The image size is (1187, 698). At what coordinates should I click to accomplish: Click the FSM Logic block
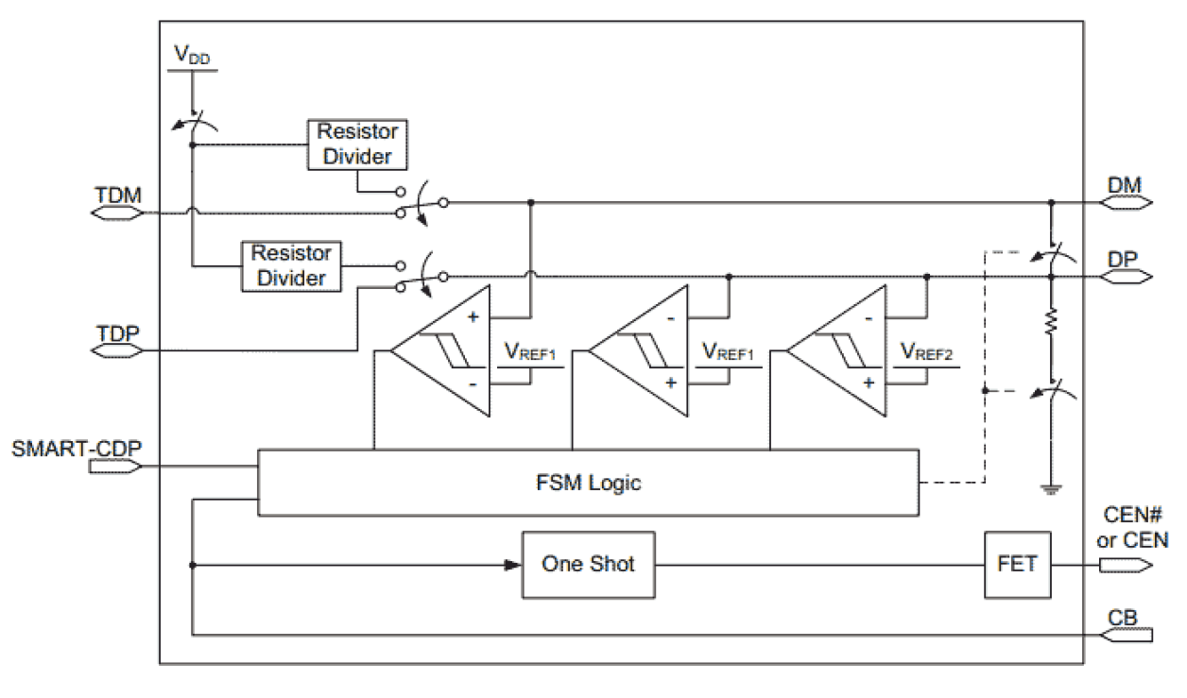point(587,483)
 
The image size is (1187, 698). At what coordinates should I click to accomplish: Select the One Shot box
point(588,564)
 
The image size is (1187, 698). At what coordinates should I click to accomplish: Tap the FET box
point(1016,564)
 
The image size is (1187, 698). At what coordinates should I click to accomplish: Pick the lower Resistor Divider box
point(291,265)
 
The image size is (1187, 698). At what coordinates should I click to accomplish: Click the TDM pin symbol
point(117,213)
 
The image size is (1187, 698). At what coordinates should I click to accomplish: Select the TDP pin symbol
point(117,350)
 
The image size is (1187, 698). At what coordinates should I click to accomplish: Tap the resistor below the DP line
point(1051,324)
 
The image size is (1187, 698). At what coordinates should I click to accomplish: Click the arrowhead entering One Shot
point(514,565)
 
